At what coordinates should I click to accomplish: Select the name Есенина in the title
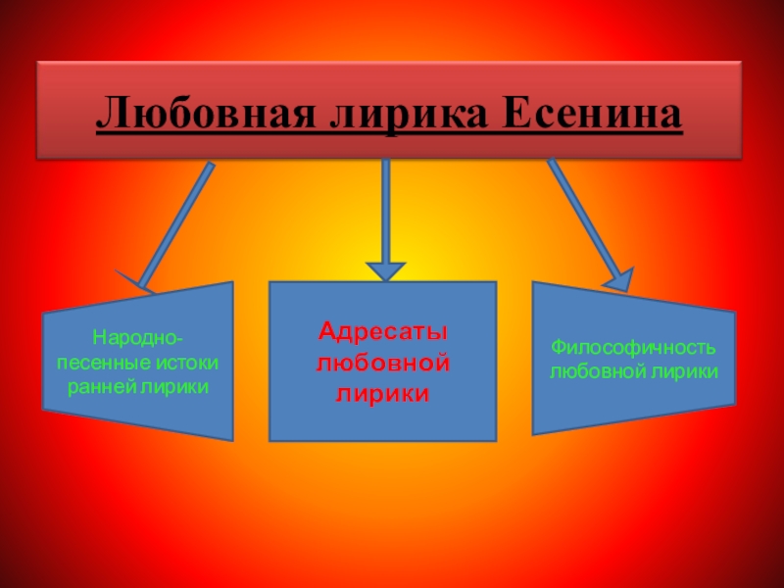[x=585, y=117]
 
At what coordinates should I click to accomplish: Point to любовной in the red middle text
[x=383, y=363]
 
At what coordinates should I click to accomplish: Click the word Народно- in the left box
[x=137, y=339]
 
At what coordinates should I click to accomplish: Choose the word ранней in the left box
[x=104, y=386]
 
